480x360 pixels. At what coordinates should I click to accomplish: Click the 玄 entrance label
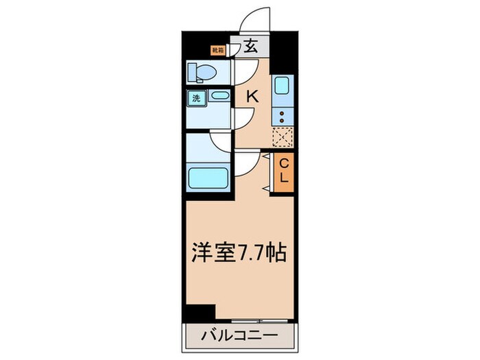point(251,47)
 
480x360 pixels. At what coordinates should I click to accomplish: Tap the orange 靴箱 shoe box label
point(218,49)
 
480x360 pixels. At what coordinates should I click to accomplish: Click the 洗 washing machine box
point(196,97)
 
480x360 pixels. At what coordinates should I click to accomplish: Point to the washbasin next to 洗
point(220,97)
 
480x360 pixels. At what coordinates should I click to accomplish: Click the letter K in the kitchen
point(252,97)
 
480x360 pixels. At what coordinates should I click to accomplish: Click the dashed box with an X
point(283,138)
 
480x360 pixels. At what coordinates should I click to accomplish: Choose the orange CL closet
point(284,171)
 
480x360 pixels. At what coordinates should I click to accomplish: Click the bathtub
point(208,177)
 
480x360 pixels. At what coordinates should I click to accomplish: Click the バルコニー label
point(239,337)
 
